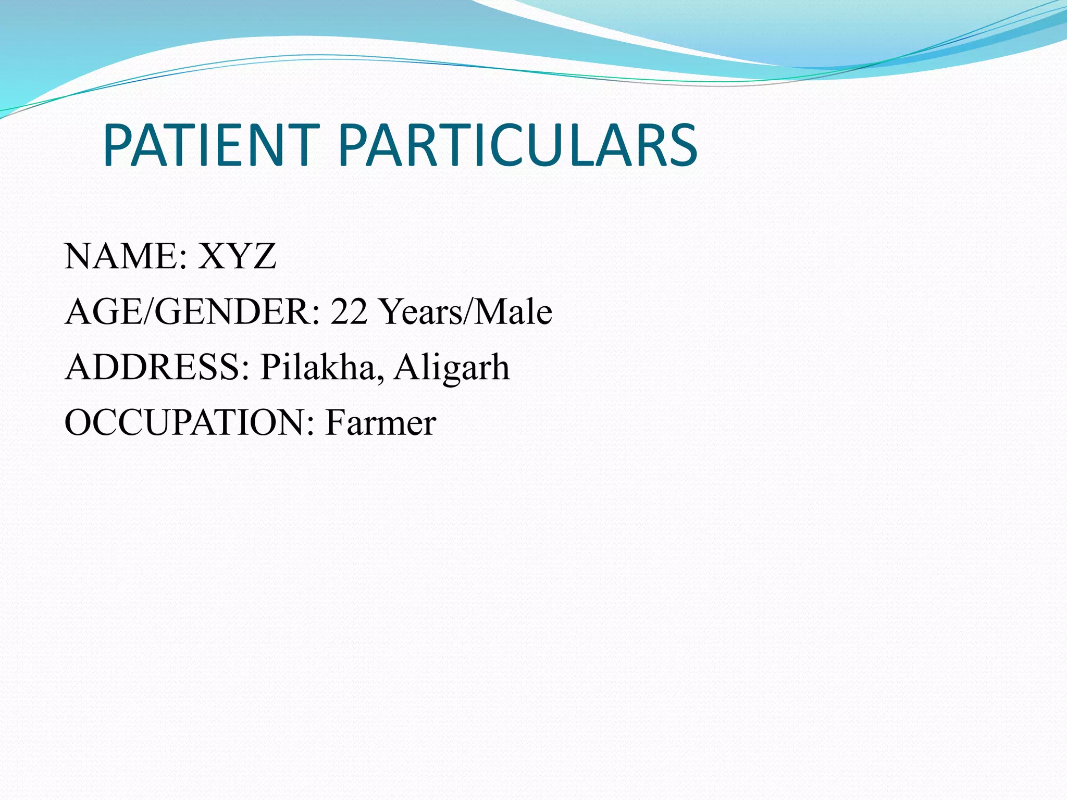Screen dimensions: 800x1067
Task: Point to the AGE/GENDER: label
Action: pyautogui.click(x=192, y=311)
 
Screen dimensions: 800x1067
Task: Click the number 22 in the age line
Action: pyautogui.click(x=349, y=311)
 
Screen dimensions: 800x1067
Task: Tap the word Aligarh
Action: pyautogui.click(x=452, y=368)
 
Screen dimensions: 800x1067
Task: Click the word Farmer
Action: pyautogui.click(x=381, y=422)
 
